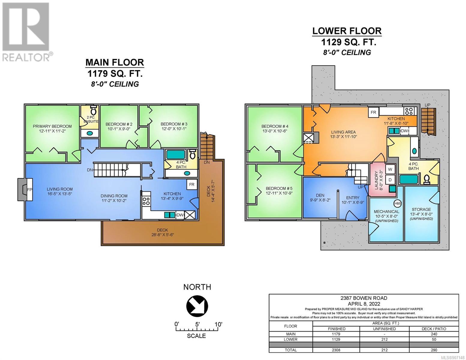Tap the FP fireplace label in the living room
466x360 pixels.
coord(29,190)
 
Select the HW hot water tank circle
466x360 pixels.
coord(397,204)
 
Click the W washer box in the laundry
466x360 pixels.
coord(390,169)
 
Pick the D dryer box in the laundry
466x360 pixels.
coord(390,179)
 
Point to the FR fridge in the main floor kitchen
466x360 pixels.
coord(191,184)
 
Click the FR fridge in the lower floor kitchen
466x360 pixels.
coord(373,112)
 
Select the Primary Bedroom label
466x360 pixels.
coord(52,126)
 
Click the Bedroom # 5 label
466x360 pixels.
coord(279,188)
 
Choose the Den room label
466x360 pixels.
coord(320,195)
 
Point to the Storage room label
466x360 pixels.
coord(421,209)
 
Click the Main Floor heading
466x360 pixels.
coord(115,62)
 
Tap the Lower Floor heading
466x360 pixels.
coord(347,31)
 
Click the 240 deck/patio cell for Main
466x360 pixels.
coord(434,334)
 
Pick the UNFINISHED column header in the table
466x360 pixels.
coord(384,328)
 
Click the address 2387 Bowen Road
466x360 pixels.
coord(364,298)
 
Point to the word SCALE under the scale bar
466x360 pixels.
coord(196,336)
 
